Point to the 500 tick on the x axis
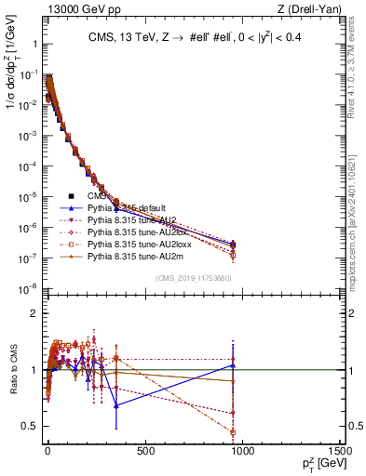click(x=143, y=452)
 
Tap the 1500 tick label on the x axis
click(x=340, y=452)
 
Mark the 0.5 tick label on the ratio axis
click(x=28, y=427)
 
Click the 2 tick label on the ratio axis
click(x=32, y=313)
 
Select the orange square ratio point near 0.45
click(x=232, y=431)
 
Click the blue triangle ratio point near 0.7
click(x=115, y=405)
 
